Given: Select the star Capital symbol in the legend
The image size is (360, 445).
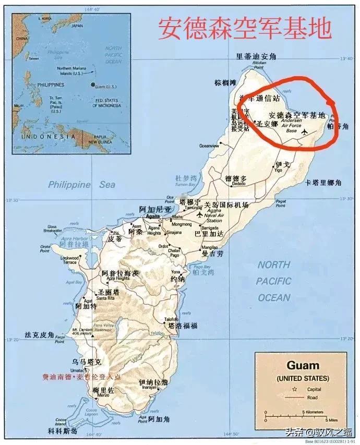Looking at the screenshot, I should tap(295, 389).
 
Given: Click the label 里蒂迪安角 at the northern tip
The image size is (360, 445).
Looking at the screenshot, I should tap(256, 56).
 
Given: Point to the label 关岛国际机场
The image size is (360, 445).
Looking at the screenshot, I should tap(226, 205).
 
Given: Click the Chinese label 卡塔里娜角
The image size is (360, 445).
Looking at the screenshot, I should tap(323, 182).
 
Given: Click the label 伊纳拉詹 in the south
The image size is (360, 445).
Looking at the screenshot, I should tap(153, 382).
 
